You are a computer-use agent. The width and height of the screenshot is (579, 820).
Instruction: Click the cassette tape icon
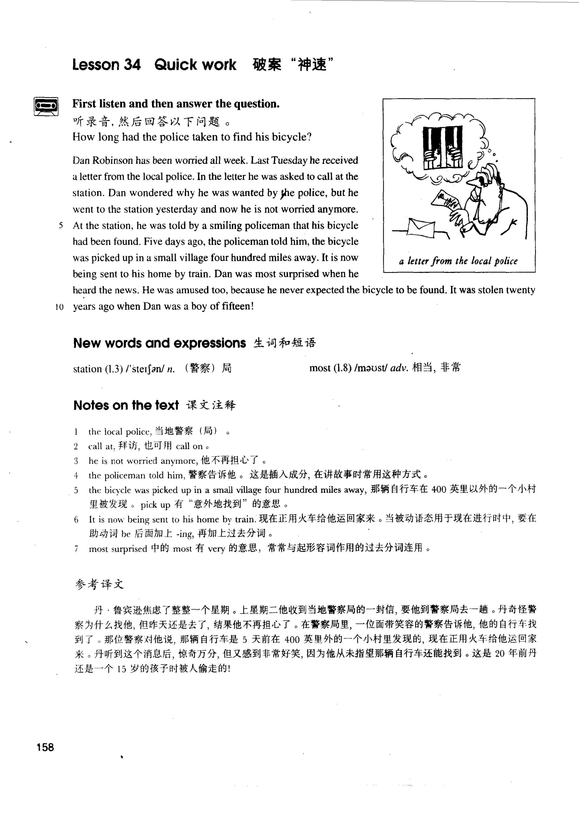tap(46, 106)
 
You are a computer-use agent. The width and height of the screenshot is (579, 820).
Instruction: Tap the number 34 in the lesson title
tap(132, 65)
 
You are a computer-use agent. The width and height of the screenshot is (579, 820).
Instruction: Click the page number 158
tap(45, 747)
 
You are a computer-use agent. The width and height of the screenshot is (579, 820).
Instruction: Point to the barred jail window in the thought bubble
tap(443, 147)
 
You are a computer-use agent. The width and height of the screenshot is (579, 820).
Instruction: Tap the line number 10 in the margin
tap(60, 307)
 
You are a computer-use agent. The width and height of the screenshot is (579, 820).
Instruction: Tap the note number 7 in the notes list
tap(76, 549)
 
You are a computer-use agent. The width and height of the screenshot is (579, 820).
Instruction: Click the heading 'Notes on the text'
tap(126, 405)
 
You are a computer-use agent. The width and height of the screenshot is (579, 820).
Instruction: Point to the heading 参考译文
tap(99, 584)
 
